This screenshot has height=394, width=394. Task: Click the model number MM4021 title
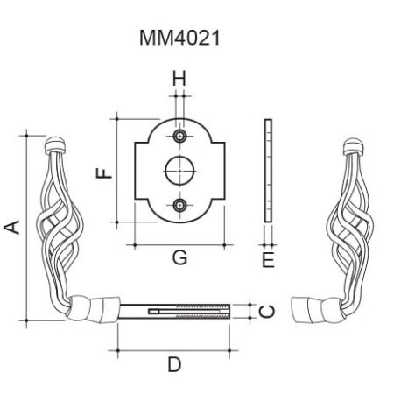[x=179, y=39]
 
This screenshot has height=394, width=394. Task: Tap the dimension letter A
[x=12, y=228]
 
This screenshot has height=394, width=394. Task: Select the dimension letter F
[x=104, y=173]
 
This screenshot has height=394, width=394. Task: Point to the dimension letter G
[x=179, y=257]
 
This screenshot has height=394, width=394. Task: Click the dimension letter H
[x=179, y=79]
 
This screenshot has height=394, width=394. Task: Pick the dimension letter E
[x=268, y=260]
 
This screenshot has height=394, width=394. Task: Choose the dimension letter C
[x=267, y=312]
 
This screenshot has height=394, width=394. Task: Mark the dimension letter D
[x=174, y=364]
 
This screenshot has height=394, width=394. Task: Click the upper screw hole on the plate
[x=179, y=136]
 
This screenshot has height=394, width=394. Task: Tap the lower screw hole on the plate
[x=179, y=205]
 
